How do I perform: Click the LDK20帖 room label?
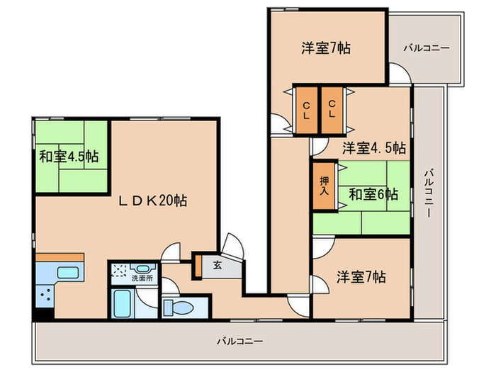[x=152, y=201]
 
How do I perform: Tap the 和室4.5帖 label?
[x=69, y=156]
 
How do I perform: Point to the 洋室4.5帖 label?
[x=374, y=148]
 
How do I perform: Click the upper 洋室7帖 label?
[x=325, y=48]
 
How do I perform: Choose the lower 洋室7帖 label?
[x=361, y=276]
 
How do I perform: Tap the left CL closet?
[x=307, y=110]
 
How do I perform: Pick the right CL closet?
[x=332, y=110]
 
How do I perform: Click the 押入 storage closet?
[x=324, y=186]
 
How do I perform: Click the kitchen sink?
[x=67, y=273]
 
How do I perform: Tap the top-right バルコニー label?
[x=426, y=48]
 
